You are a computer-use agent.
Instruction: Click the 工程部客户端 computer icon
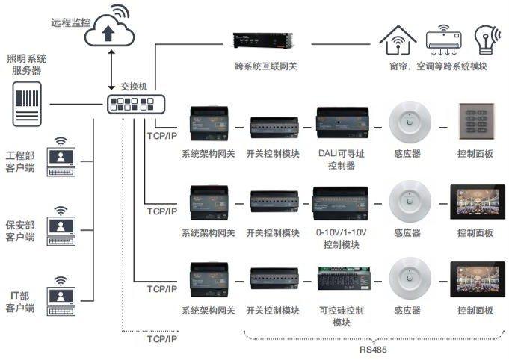(x=61, y=158)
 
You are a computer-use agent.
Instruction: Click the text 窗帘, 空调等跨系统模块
(x=438, y=66)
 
